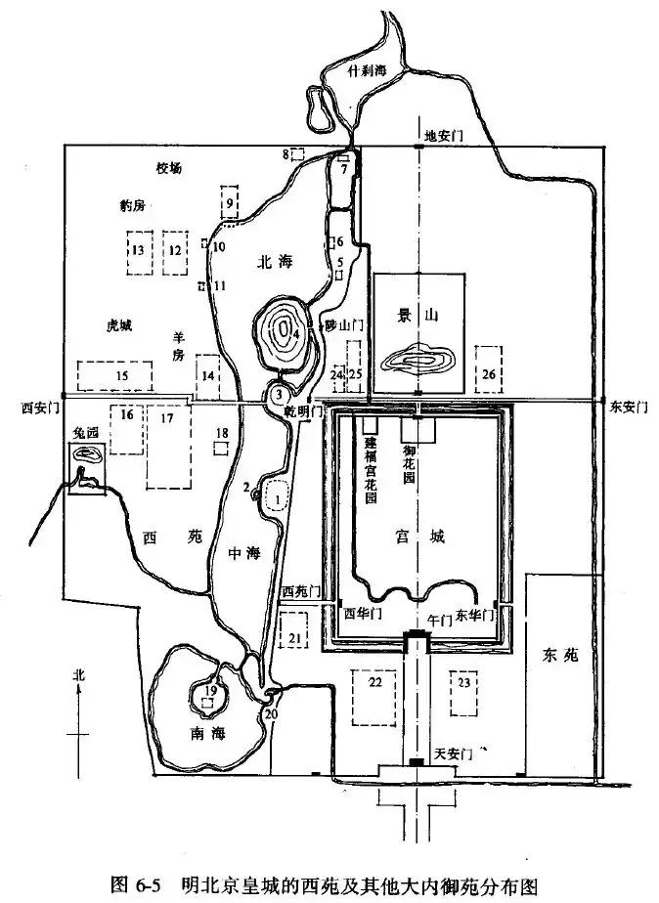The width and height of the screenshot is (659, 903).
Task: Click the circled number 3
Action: click(x=279, y=394)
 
